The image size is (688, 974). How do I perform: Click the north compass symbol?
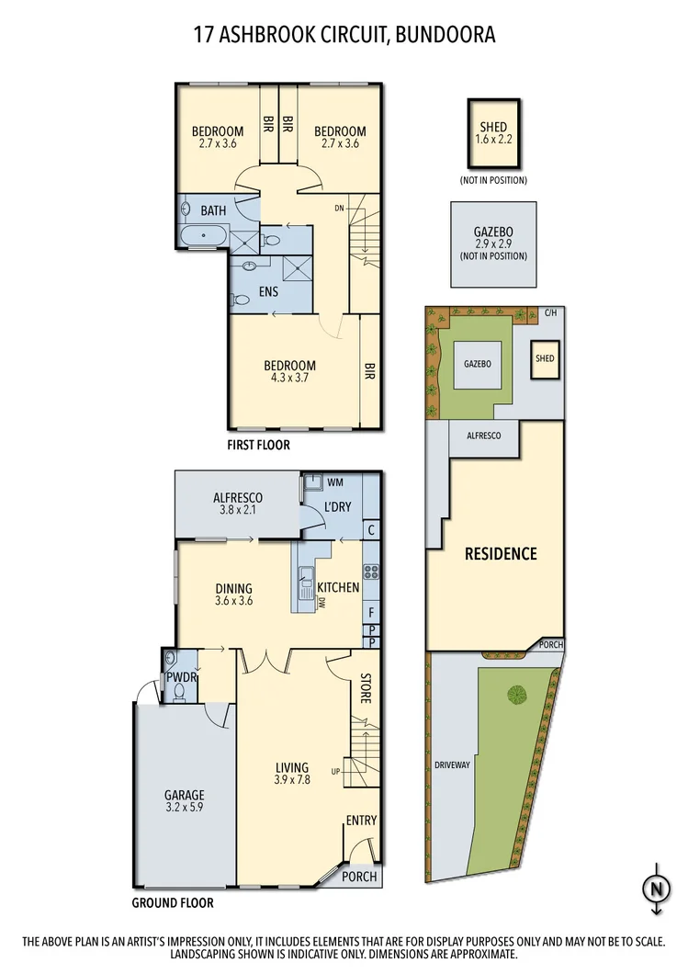coord(656,889)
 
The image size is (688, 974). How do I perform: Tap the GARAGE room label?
coord(185,795)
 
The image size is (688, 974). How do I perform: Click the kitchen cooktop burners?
coord(372,573)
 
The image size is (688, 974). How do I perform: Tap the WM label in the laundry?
coord(334,481)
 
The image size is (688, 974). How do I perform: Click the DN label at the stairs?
coord(340,207)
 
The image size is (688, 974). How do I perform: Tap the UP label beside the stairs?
coord(337,770)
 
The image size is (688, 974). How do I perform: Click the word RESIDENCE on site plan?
coord(500,553)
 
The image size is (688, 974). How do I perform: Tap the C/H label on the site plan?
coord(550,313)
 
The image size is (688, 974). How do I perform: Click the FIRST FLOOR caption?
coord(258,445)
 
